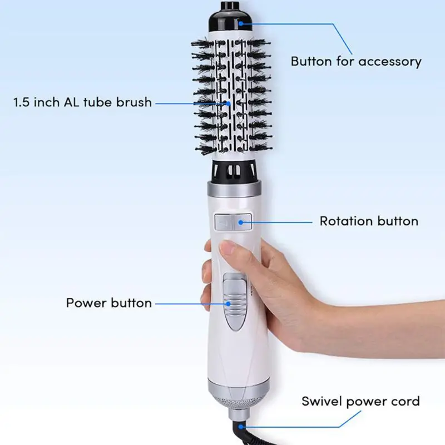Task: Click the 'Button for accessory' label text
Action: click(x=356, y=61)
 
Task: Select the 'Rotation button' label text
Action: click(x=369, y=221)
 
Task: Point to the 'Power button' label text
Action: click(x=109, y=303)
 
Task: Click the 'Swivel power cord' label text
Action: click(x=360, y=401)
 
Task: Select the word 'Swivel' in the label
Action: click(x=323, y=401)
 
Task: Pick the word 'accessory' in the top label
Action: click(x=389, y=61)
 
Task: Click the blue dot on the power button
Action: click(x=229, y=304)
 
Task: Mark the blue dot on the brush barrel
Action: click(x=229, y=103)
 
